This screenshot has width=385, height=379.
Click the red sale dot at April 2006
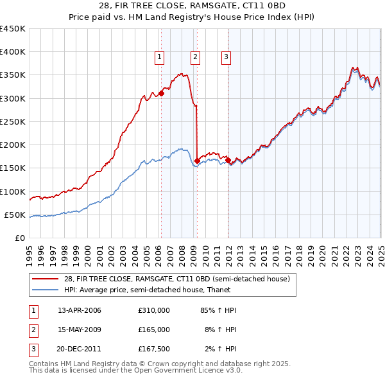(161, 93)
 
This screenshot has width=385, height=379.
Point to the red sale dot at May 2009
(197, 161)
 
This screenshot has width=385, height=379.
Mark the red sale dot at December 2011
(228, 159)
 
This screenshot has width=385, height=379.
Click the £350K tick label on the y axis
(12, 75)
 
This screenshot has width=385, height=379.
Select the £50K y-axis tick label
(15, 215)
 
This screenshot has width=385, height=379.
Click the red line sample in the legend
(46, 279)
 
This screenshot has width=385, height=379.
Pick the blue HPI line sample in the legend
(46, 290)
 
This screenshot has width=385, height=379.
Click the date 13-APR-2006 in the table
(80, 310)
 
